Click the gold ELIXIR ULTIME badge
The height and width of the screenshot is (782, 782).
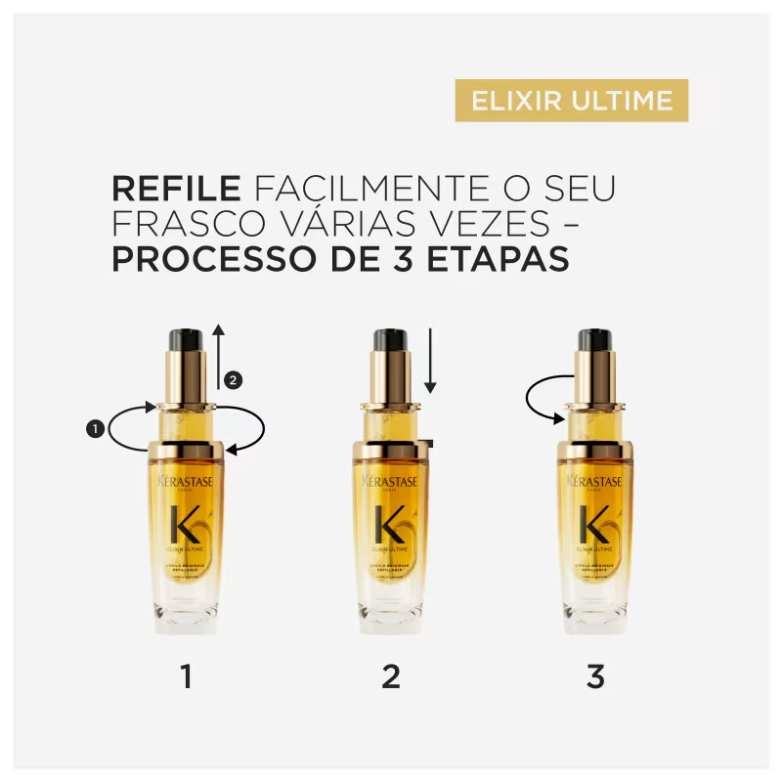[x=572, y=101]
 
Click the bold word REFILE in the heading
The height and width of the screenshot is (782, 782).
[x=176, y=188]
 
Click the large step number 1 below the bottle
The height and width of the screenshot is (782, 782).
[x=186, y=676]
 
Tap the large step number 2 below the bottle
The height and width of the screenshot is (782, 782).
[x=391, y=676]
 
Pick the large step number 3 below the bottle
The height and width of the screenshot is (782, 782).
[x=595, y=676]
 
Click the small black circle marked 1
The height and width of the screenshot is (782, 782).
[x=95, y=428]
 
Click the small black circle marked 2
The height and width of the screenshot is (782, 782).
[x=232, y=378]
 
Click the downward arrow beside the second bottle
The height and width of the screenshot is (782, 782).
[x=430, y=362]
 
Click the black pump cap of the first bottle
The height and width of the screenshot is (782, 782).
[x=186, y=339]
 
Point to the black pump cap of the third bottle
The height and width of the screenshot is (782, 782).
[x=594, y=339]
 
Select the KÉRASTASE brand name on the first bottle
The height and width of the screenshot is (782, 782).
[x=186, y=481]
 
